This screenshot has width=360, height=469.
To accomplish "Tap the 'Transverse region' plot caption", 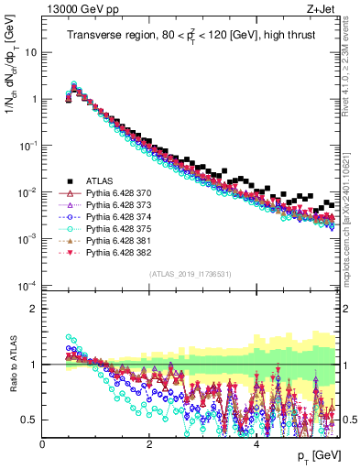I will (195, 37).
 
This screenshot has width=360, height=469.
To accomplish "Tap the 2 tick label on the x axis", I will (149, 444).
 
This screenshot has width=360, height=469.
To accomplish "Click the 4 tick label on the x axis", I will (256, 444).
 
